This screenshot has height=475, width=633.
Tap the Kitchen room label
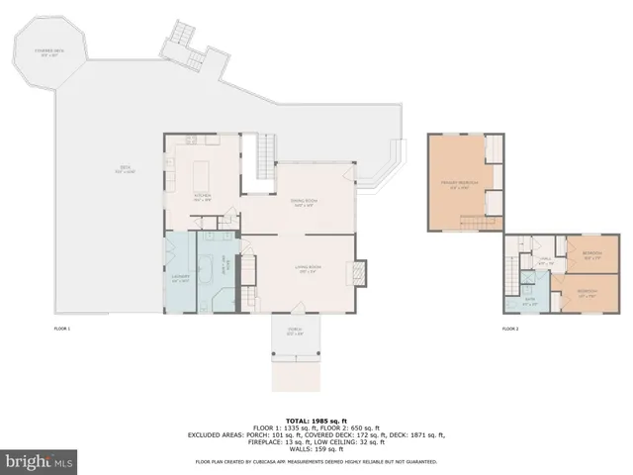202,196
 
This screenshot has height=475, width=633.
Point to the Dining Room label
303,204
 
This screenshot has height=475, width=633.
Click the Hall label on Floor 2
543,261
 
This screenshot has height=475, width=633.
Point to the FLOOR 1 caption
62,328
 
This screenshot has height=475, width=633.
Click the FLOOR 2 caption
509,328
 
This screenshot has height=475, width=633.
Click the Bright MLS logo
41,461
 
